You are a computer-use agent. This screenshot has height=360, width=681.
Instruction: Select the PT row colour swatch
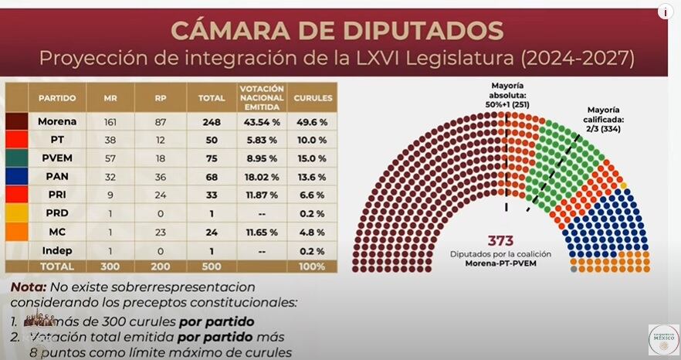[x=16, y=140]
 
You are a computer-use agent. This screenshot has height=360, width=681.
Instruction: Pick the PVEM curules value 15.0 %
[x=310, y=158]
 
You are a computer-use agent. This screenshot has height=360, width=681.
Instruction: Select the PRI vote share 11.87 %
[x=262, y=194]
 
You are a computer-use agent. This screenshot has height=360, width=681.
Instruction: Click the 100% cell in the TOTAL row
[x=310, y=266]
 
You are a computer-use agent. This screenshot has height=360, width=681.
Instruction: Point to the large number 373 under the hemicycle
[x=500, y=241]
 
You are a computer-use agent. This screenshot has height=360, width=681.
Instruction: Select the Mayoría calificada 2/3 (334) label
[x=607, y=120]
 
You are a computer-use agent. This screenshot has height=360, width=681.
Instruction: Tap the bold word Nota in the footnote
[x=27, y=287]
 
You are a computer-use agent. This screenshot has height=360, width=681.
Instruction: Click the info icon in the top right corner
[x=664, y=12]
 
